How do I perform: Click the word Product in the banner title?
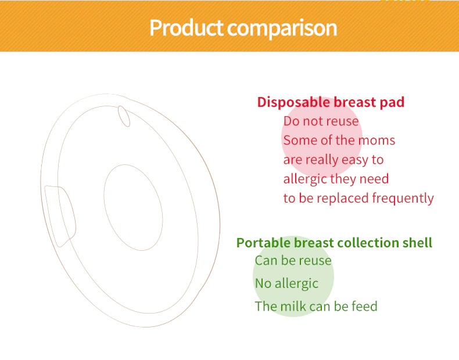tap(187, 28)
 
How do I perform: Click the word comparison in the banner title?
tap(282, 28)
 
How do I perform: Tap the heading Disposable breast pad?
tap(331, 103)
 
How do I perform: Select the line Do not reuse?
tap(321, 121)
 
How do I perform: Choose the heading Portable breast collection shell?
tap(334, 243)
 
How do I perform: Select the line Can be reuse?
tap(293, 261)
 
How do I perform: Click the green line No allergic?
tap(286, 283)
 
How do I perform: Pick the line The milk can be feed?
tap(316, 306)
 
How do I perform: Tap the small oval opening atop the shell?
tap(124, 116)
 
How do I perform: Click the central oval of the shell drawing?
tap(133, 207)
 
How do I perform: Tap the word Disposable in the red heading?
tap(294, 103)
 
